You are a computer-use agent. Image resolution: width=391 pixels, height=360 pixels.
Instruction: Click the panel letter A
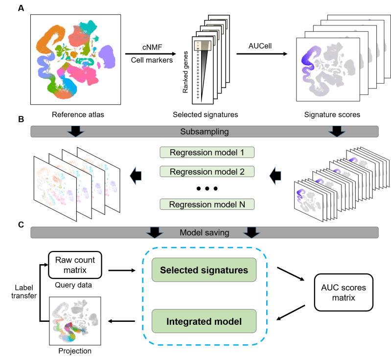(21, 8)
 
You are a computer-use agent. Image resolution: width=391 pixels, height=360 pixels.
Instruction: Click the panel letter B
(21, 119)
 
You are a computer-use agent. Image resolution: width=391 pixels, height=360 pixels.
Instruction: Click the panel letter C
(21, 225)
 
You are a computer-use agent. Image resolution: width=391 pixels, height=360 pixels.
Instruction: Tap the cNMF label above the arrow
(152, 47)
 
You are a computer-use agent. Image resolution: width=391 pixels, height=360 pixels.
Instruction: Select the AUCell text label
(260, 46)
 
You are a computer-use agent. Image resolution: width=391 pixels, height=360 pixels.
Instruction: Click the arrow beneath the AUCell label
(262, 54)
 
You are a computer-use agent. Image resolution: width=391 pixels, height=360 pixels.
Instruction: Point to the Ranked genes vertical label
(185, 72)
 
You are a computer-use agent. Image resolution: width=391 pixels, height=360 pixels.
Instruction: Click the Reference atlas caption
(78, 114)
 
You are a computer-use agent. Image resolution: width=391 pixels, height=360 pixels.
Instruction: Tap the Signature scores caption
(332, 114)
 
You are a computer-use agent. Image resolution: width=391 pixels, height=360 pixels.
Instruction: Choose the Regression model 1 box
(207, 152)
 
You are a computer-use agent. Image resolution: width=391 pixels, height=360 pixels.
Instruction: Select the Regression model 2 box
(207, 172)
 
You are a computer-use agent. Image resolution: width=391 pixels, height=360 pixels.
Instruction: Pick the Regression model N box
(207, 204)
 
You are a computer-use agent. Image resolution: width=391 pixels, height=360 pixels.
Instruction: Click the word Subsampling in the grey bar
(205, 132)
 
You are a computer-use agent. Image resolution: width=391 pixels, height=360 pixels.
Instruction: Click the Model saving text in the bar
(205, 232)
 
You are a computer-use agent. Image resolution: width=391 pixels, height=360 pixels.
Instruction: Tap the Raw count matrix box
(75, 265)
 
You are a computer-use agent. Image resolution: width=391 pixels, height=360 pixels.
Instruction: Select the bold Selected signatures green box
(204, 270)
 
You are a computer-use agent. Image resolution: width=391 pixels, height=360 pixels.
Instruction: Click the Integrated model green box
(204, 321)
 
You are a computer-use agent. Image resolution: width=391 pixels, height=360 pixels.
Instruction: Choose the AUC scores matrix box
(344, 292)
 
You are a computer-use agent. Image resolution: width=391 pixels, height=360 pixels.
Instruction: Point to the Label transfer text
(24, 292)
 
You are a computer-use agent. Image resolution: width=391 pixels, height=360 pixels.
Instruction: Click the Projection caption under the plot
(75, 351)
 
